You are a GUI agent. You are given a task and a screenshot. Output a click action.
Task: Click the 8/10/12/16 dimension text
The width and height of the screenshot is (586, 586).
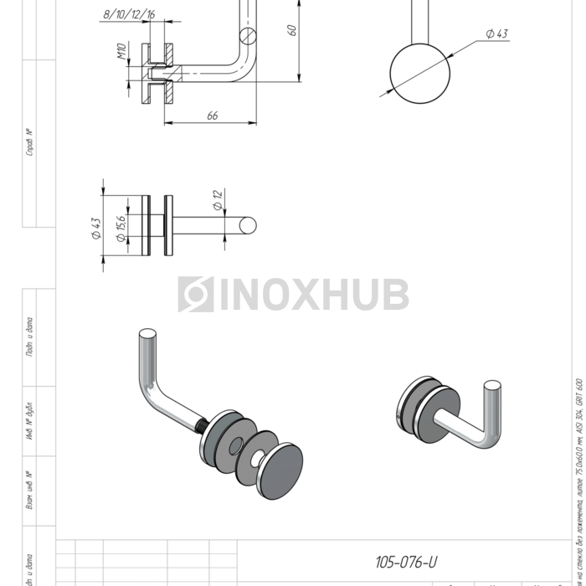pos(128,14)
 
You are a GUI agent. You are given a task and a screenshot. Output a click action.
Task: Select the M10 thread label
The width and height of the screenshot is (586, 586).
pos(121,56)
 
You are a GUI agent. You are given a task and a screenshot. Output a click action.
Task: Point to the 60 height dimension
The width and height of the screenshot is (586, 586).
pos(291,30)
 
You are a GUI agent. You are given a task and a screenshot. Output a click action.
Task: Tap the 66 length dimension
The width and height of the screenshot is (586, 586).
pos(212,116)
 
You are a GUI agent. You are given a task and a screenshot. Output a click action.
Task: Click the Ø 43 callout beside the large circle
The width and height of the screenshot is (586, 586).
pos(496,33)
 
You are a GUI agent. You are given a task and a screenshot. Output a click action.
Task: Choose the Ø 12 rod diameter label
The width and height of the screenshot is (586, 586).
pos(217,200)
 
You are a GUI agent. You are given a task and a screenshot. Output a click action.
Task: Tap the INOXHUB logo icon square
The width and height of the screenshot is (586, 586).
pos(195,295)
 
